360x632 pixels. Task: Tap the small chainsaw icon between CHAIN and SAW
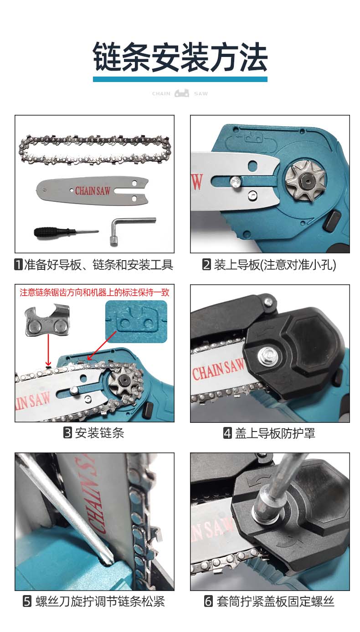[182, 93]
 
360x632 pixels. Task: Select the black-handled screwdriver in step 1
[66, 232]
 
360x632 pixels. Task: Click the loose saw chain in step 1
[95, 150]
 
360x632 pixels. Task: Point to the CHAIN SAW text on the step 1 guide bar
[93, 191]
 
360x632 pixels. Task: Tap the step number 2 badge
[206, 265]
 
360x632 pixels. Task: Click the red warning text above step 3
[94, 292]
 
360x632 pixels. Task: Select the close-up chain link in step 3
[47, 320]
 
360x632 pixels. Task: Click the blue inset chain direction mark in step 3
[136, 321]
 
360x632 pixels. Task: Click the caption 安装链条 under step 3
[99, 433]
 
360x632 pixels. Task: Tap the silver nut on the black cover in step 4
[267, 355]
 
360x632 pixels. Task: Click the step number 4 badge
[227, 433]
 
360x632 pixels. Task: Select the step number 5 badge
[27, 601]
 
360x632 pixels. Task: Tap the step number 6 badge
[208, 601]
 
